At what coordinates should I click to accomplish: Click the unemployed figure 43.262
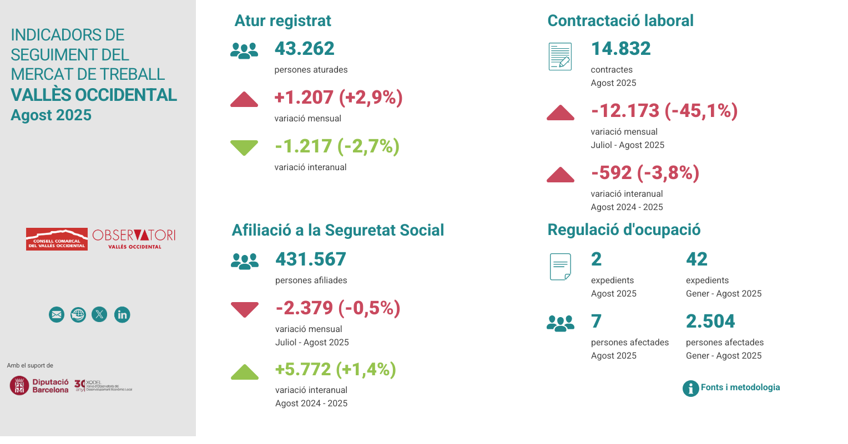pos(304,49)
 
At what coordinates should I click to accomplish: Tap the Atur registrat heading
pos(282,21)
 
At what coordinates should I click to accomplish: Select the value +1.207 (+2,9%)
pos(338,98)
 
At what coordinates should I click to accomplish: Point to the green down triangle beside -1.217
pos(244,147)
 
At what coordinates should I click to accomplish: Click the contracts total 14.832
pos(620,49)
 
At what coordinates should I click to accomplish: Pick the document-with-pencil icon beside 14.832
pos(560,57)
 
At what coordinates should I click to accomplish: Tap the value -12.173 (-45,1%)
pos(664,111)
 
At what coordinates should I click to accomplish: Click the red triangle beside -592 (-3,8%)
pos(560,175)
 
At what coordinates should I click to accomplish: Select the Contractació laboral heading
pos(620,21)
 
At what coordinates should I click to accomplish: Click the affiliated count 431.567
pos(310,259)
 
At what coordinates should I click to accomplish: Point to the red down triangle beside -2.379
pos(245,309)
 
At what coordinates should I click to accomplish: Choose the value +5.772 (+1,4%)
pos(335,369)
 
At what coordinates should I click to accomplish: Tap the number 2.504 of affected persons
pos(710,321)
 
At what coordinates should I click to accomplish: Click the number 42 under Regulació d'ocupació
pos(696,259)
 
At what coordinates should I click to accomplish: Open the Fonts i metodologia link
pos(740,387)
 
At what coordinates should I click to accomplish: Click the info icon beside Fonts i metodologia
pos(690,388)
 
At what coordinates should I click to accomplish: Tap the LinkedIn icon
pos(122,315)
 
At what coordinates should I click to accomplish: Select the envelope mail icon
pos(57,315)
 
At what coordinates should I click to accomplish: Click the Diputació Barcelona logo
pos(39,385)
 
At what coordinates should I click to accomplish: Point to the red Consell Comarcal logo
pos(57,239)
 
